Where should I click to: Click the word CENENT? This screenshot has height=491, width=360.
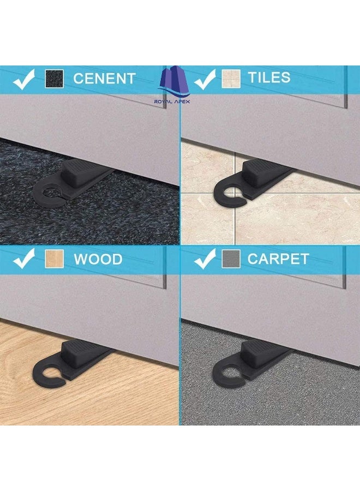[104, 78]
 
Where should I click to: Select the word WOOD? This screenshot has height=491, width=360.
[98, 259]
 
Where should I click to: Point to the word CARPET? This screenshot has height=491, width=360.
[278, 259]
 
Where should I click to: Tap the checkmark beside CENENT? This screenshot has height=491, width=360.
[25, 79]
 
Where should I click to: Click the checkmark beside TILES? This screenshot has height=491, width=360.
[205, 79]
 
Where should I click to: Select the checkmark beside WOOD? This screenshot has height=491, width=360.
[25, 259]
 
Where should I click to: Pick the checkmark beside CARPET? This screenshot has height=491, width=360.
[205, 259]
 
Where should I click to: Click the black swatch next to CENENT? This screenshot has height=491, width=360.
[53, 79]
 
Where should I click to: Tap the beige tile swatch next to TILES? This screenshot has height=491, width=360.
[230, 79]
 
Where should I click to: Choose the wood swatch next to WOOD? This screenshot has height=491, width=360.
[53, 259]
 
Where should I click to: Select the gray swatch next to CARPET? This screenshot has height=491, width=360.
[230, 259]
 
